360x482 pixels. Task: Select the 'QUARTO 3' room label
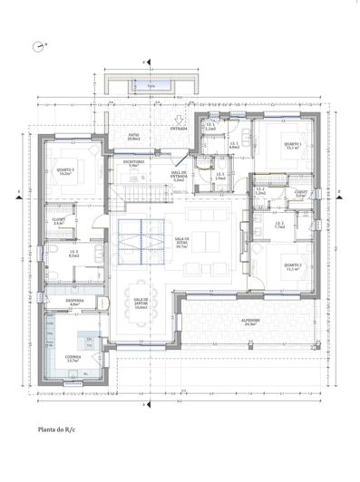point(64,169)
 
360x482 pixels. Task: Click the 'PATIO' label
point(133,137)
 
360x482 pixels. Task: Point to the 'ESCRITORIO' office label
point(135,164)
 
